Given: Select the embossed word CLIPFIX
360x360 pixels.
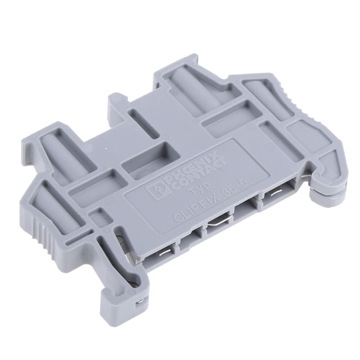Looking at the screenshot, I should [191, 209].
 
